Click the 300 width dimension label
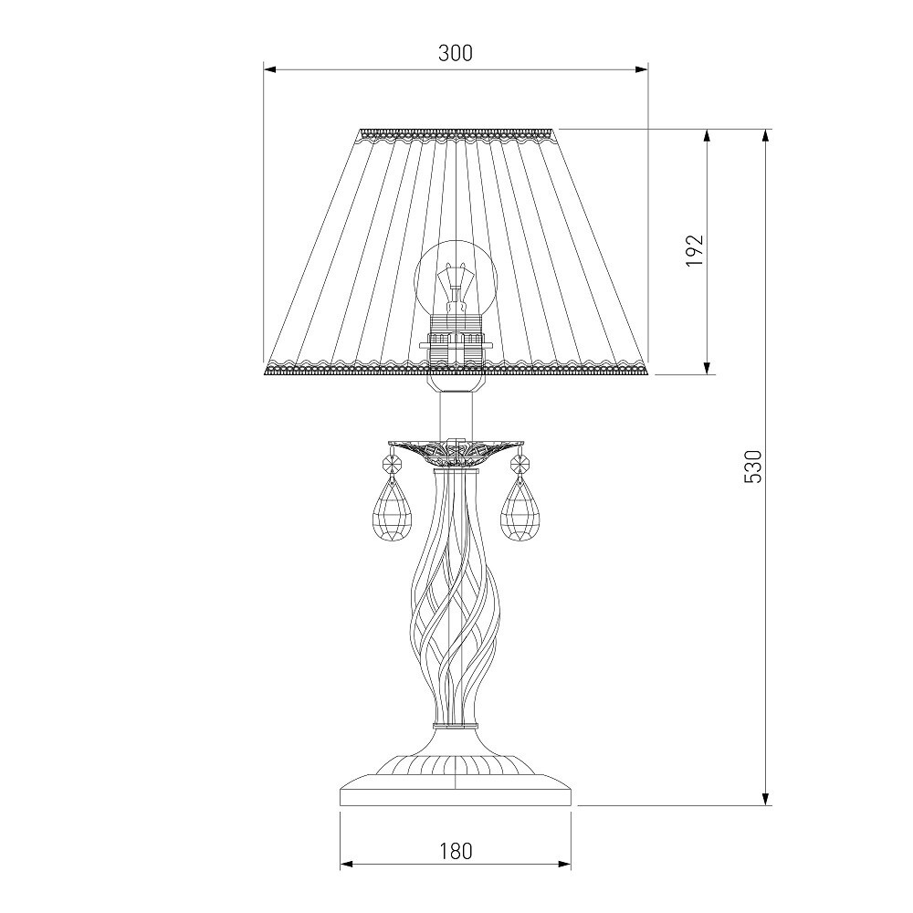[456, 53]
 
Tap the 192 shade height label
[695, 250]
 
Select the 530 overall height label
[752, 467]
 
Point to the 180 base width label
[456, 852]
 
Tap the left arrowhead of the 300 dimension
[270, 70]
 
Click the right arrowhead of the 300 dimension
[641, 70]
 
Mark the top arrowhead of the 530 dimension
[766, 136]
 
